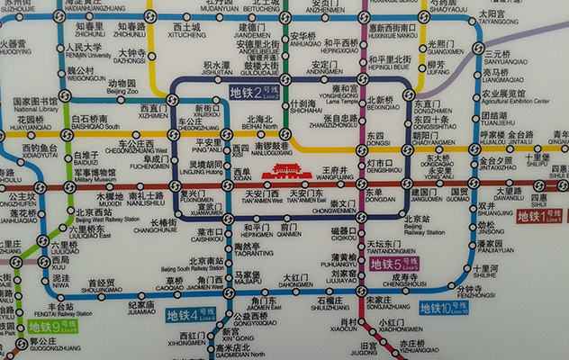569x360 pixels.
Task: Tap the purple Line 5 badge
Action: pyautogui.click(x=393, y=264)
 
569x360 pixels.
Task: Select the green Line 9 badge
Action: pyautogui.click(x=48, y=327)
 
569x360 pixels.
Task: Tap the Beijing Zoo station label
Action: pyautogui.click(x=122, y=87)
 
